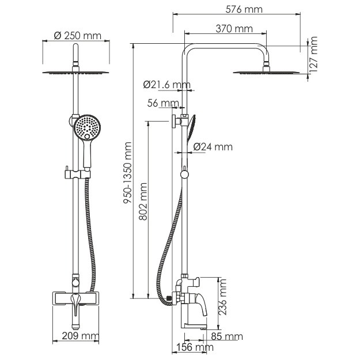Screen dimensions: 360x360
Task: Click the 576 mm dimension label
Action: [244, 9]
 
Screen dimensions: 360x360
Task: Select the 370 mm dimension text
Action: [234, 29]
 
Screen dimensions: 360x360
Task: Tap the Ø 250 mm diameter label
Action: [78, 36]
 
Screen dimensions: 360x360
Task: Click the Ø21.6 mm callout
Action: [167, 85]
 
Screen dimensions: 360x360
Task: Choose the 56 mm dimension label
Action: [163, 103]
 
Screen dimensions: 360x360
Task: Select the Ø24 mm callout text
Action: [213, 147]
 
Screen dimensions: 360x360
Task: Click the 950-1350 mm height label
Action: [127, 173]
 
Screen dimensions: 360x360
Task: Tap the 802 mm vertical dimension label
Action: [143, 202]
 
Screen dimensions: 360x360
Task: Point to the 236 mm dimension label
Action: [222, 297]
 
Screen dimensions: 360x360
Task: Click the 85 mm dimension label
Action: [227, 336]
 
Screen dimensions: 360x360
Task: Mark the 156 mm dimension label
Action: [195, 347]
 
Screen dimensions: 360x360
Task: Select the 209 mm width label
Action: [81, 336]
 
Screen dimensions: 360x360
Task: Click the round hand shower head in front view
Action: [87, 127]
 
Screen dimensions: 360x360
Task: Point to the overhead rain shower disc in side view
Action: [266, 73]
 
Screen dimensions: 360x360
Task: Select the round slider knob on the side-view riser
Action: [184, 175]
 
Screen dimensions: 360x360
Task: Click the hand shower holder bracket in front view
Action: [77, 175]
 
